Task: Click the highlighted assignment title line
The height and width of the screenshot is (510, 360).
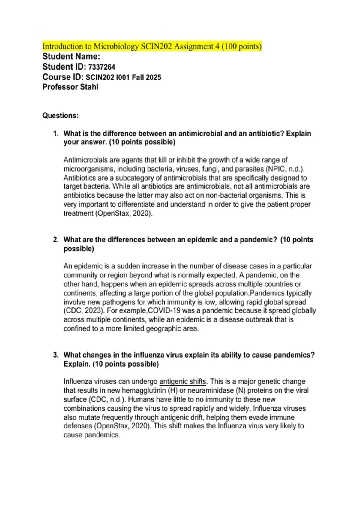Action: coord(152,46)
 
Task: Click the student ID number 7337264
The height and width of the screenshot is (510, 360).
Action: coord(102,67)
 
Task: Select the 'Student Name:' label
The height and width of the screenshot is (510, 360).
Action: coord(71,56)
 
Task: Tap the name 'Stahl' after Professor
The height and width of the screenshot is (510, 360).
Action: coord(89,87)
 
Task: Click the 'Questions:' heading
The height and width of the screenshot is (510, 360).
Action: coord(60,115)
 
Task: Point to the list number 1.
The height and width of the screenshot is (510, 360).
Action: coord(56,133)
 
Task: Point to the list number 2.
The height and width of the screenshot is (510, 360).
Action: coord(56,240)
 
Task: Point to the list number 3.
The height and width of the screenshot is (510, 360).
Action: coord(56,355)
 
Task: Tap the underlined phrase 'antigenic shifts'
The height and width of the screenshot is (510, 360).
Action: coord(183,381)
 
